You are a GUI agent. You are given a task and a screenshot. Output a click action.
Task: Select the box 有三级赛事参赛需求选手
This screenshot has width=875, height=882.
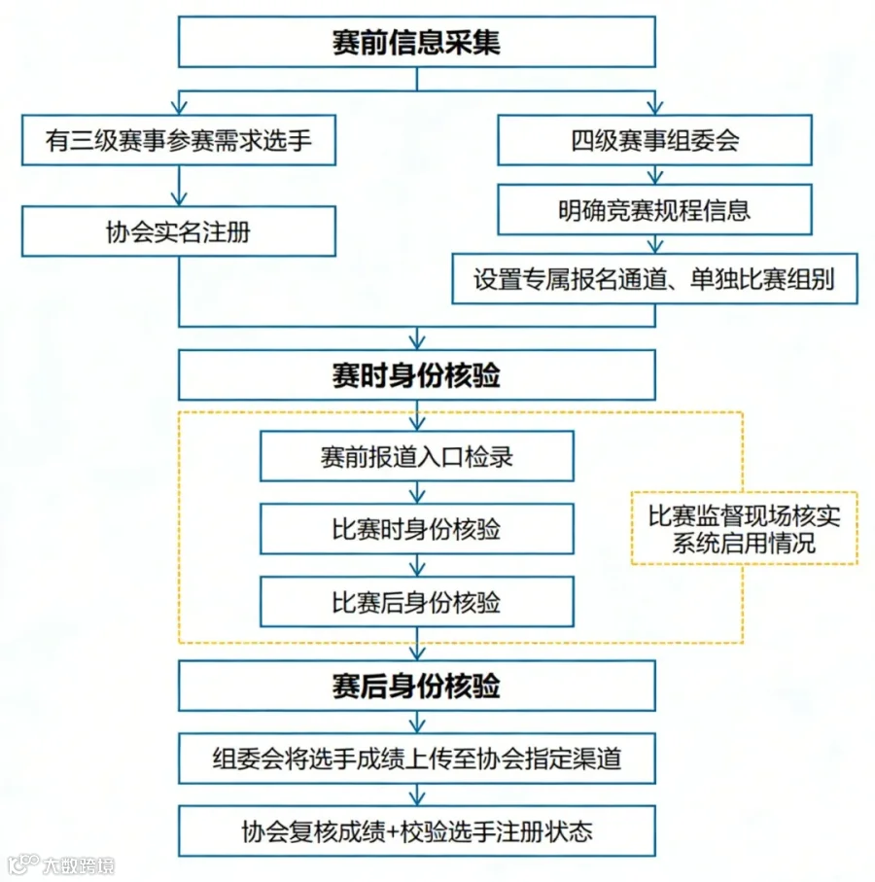click(178, 140)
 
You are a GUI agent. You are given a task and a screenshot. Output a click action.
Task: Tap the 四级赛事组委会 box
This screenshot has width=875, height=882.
click(654, 140)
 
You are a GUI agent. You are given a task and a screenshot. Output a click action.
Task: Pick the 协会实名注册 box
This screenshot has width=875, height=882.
click(178, 231)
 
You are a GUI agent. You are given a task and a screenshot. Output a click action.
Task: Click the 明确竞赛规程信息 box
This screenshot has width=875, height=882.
click(654, 209)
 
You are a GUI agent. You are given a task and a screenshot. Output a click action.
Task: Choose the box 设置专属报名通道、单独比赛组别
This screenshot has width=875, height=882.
click(654, 280)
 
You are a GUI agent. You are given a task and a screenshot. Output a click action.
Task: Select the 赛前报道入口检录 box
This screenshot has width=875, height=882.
click(416, 456)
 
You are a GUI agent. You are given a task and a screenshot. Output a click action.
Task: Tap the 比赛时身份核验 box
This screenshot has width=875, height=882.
click(416, 530)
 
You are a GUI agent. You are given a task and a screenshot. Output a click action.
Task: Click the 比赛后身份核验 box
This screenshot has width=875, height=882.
click(416, 602)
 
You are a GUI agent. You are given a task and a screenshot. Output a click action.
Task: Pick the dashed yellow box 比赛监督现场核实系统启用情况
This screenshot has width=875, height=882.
click(744, 528)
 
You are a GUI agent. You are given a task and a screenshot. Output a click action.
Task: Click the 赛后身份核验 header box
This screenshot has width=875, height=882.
click(416, 687)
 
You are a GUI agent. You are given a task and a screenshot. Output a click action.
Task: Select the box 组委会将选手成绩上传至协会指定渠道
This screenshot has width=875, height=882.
click(416, 759)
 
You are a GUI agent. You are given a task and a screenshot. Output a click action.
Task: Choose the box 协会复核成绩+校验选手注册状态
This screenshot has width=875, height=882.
click(416, 831)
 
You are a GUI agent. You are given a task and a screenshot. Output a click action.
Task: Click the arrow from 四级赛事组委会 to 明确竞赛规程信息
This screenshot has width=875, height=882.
click(654, 175)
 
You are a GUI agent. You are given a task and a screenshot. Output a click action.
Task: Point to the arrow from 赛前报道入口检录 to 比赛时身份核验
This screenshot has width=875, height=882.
click(417, 493)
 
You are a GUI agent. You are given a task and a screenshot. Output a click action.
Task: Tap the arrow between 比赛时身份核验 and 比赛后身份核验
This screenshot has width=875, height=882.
click(417, 566)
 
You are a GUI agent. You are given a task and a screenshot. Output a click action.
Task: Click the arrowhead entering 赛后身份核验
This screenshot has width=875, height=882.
click(417, 653)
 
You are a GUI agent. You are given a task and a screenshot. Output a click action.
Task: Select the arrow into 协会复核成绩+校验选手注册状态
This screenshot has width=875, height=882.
click(417, 795)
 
